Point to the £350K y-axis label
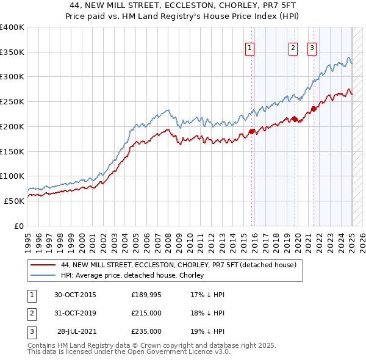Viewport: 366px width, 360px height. [12, 52]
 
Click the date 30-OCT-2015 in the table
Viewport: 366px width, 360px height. [75, 295]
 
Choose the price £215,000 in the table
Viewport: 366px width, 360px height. [146, 313]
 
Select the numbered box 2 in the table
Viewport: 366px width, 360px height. [30, 313]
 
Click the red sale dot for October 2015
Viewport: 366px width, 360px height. [251, 131]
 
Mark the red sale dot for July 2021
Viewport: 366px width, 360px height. [314, 109]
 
